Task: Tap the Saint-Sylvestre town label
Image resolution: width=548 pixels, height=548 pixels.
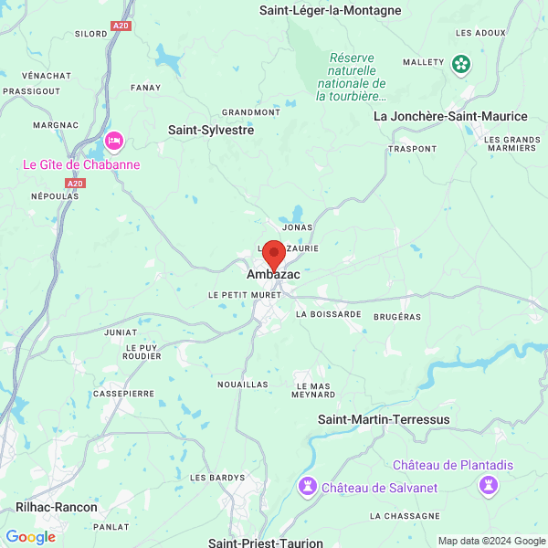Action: coord(211,131)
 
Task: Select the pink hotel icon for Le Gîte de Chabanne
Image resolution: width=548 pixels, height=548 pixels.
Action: coord(114,141)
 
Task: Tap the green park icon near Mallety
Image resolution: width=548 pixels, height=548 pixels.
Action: coord(461,63)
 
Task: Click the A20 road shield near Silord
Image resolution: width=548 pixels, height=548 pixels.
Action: coord(121,26)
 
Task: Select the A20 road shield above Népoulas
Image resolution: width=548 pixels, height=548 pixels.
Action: coord(75,184)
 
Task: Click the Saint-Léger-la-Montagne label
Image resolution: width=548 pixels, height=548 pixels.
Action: coord(330,11)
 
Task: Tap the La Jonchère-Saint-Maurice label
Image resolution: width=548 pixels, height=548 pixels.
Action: coord(450,116)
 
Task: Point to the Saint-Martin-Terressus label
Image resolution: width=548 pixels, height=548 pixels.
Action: coord(384,419)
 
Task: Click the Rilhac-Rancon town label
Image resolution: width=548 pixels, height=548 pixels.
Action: coord(57,506)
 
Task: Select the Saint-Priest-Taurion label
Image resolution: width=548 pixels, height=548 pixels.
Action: coord(265,543)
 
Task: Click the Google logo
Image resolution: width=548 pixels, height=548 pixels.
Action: coord(30,537)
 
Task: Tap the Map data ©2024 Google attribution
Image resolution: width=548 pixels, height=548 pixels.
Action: coord(490,541)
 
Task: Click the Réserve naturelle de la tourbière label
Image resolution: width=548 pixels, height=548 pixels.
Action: coord(352,77)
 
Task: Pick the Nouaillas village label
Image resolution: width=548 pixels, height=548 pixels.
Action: coord(243,385)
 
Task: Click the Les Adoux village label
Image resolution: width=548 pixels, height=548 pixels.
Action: coord(480,33)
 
